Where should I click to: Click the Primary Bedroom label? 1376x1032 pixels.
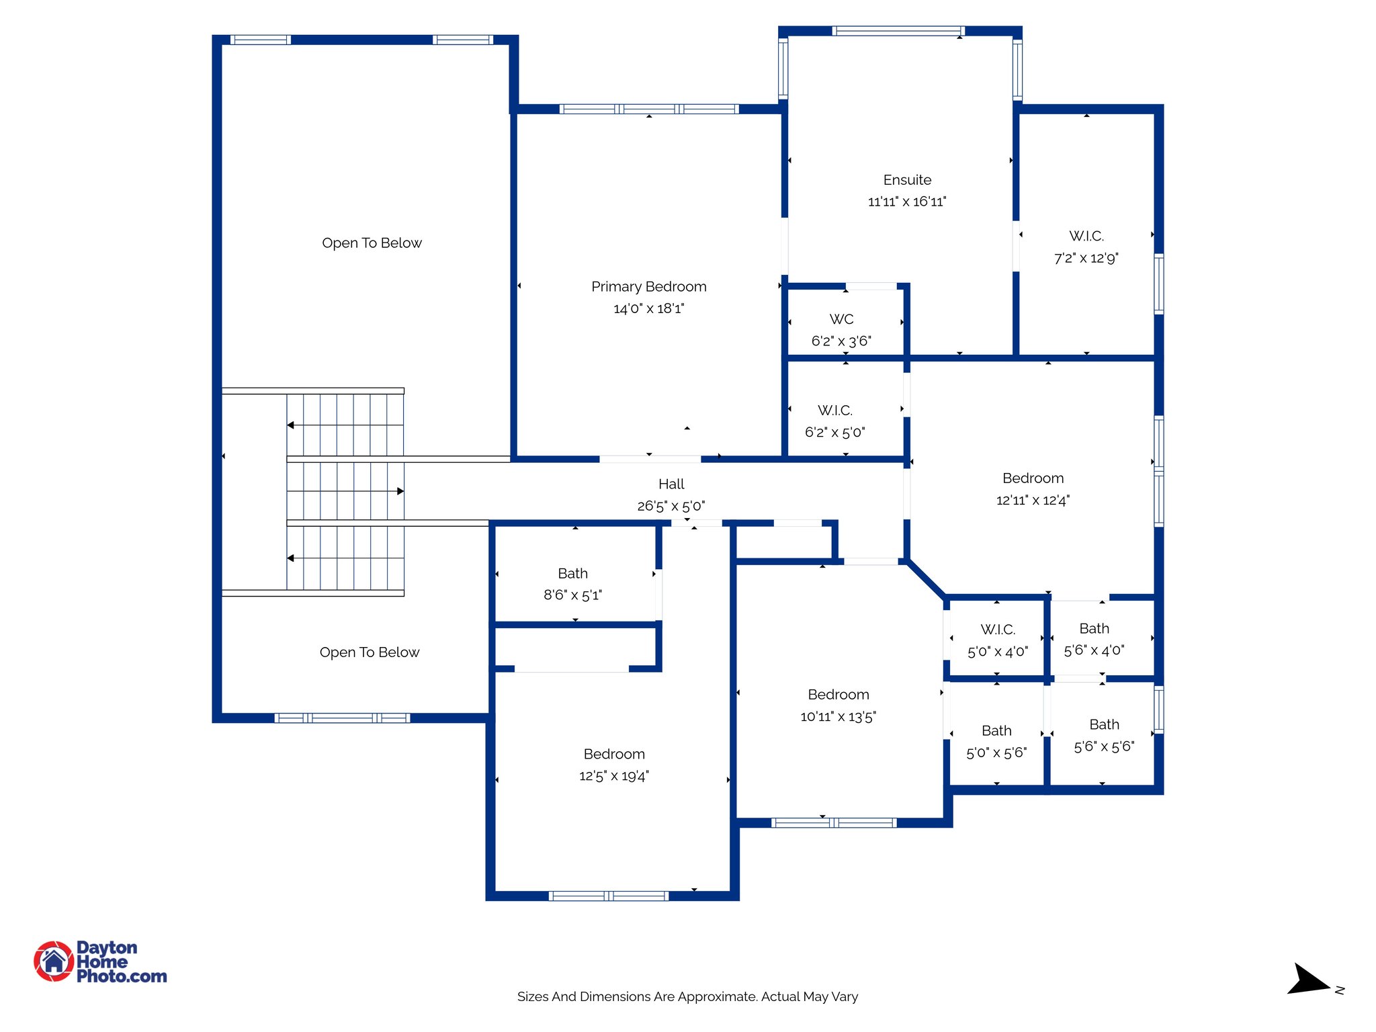[648, 287]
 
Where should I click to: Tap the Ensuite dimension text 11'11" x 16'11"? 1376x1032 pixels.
[906, 202]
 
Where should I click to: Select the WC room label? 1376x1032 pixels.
[841, 319]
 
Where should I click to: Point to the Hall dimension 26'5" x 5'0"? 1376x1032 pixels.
[671, 506]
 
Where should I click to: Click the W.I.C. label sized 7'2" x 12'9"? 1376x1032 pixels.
[1086, 236]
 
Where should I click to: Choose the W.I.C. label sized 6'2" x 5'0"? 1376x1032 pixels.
[834, 411]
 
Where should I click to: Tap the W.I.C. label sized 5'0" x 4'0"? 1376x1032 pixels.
[997, 630]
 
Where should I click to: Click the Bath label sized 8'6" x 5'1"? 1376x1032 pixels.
[572, 573]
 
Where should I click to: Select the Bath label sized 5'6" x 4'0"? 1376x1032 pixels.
[1094, 628]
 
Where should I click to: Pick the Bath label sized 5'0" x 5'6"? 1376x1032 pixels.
[996, 730]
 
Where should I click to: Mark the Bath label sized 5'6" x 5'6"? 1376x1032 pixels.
[1104, 724]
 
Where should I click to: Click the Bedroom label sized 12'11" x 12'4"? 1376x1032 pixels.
[1033, 478]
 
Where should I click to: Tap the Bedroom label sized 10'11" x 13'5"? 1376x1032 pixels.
[838, 695]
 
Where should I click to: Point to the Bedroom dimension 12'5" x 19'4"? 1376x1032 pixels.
[613, 776]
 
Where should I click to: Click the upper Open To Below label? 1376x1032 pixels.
[372, 243]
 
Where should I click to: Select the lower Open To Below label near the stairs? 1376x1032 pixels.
[369, 652]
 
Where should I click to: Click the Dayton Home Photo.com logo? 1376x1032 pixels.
[101, 961]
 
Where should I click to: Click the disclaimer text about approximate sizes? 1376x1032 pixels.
[687, 996]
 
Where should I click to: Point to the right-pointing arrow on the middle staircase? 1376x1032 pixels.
[400, 491]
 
